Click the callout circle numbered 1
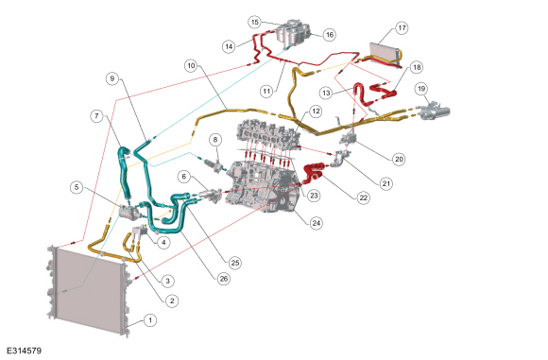point(150,320)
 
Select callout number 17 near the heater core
point(402,27)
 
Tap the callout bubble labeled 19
point(421,89)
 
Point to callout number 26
point(224,279)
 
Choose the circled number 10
point(191,66)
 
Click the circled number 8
point(215,140)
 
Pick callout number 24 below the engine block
point(317,223)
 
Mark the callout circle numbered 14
point(229,46)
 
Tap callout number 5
point(77,187)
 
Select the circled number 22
point(364,197)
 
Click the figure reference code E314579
point(25,351)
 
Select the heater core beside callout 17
point(385,54)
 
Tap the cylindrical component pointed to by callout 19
point(435,111)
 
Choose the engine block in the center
point(262,188)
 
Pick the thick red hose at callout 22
point(313,173)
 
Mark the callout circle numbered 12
point(316,111)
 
